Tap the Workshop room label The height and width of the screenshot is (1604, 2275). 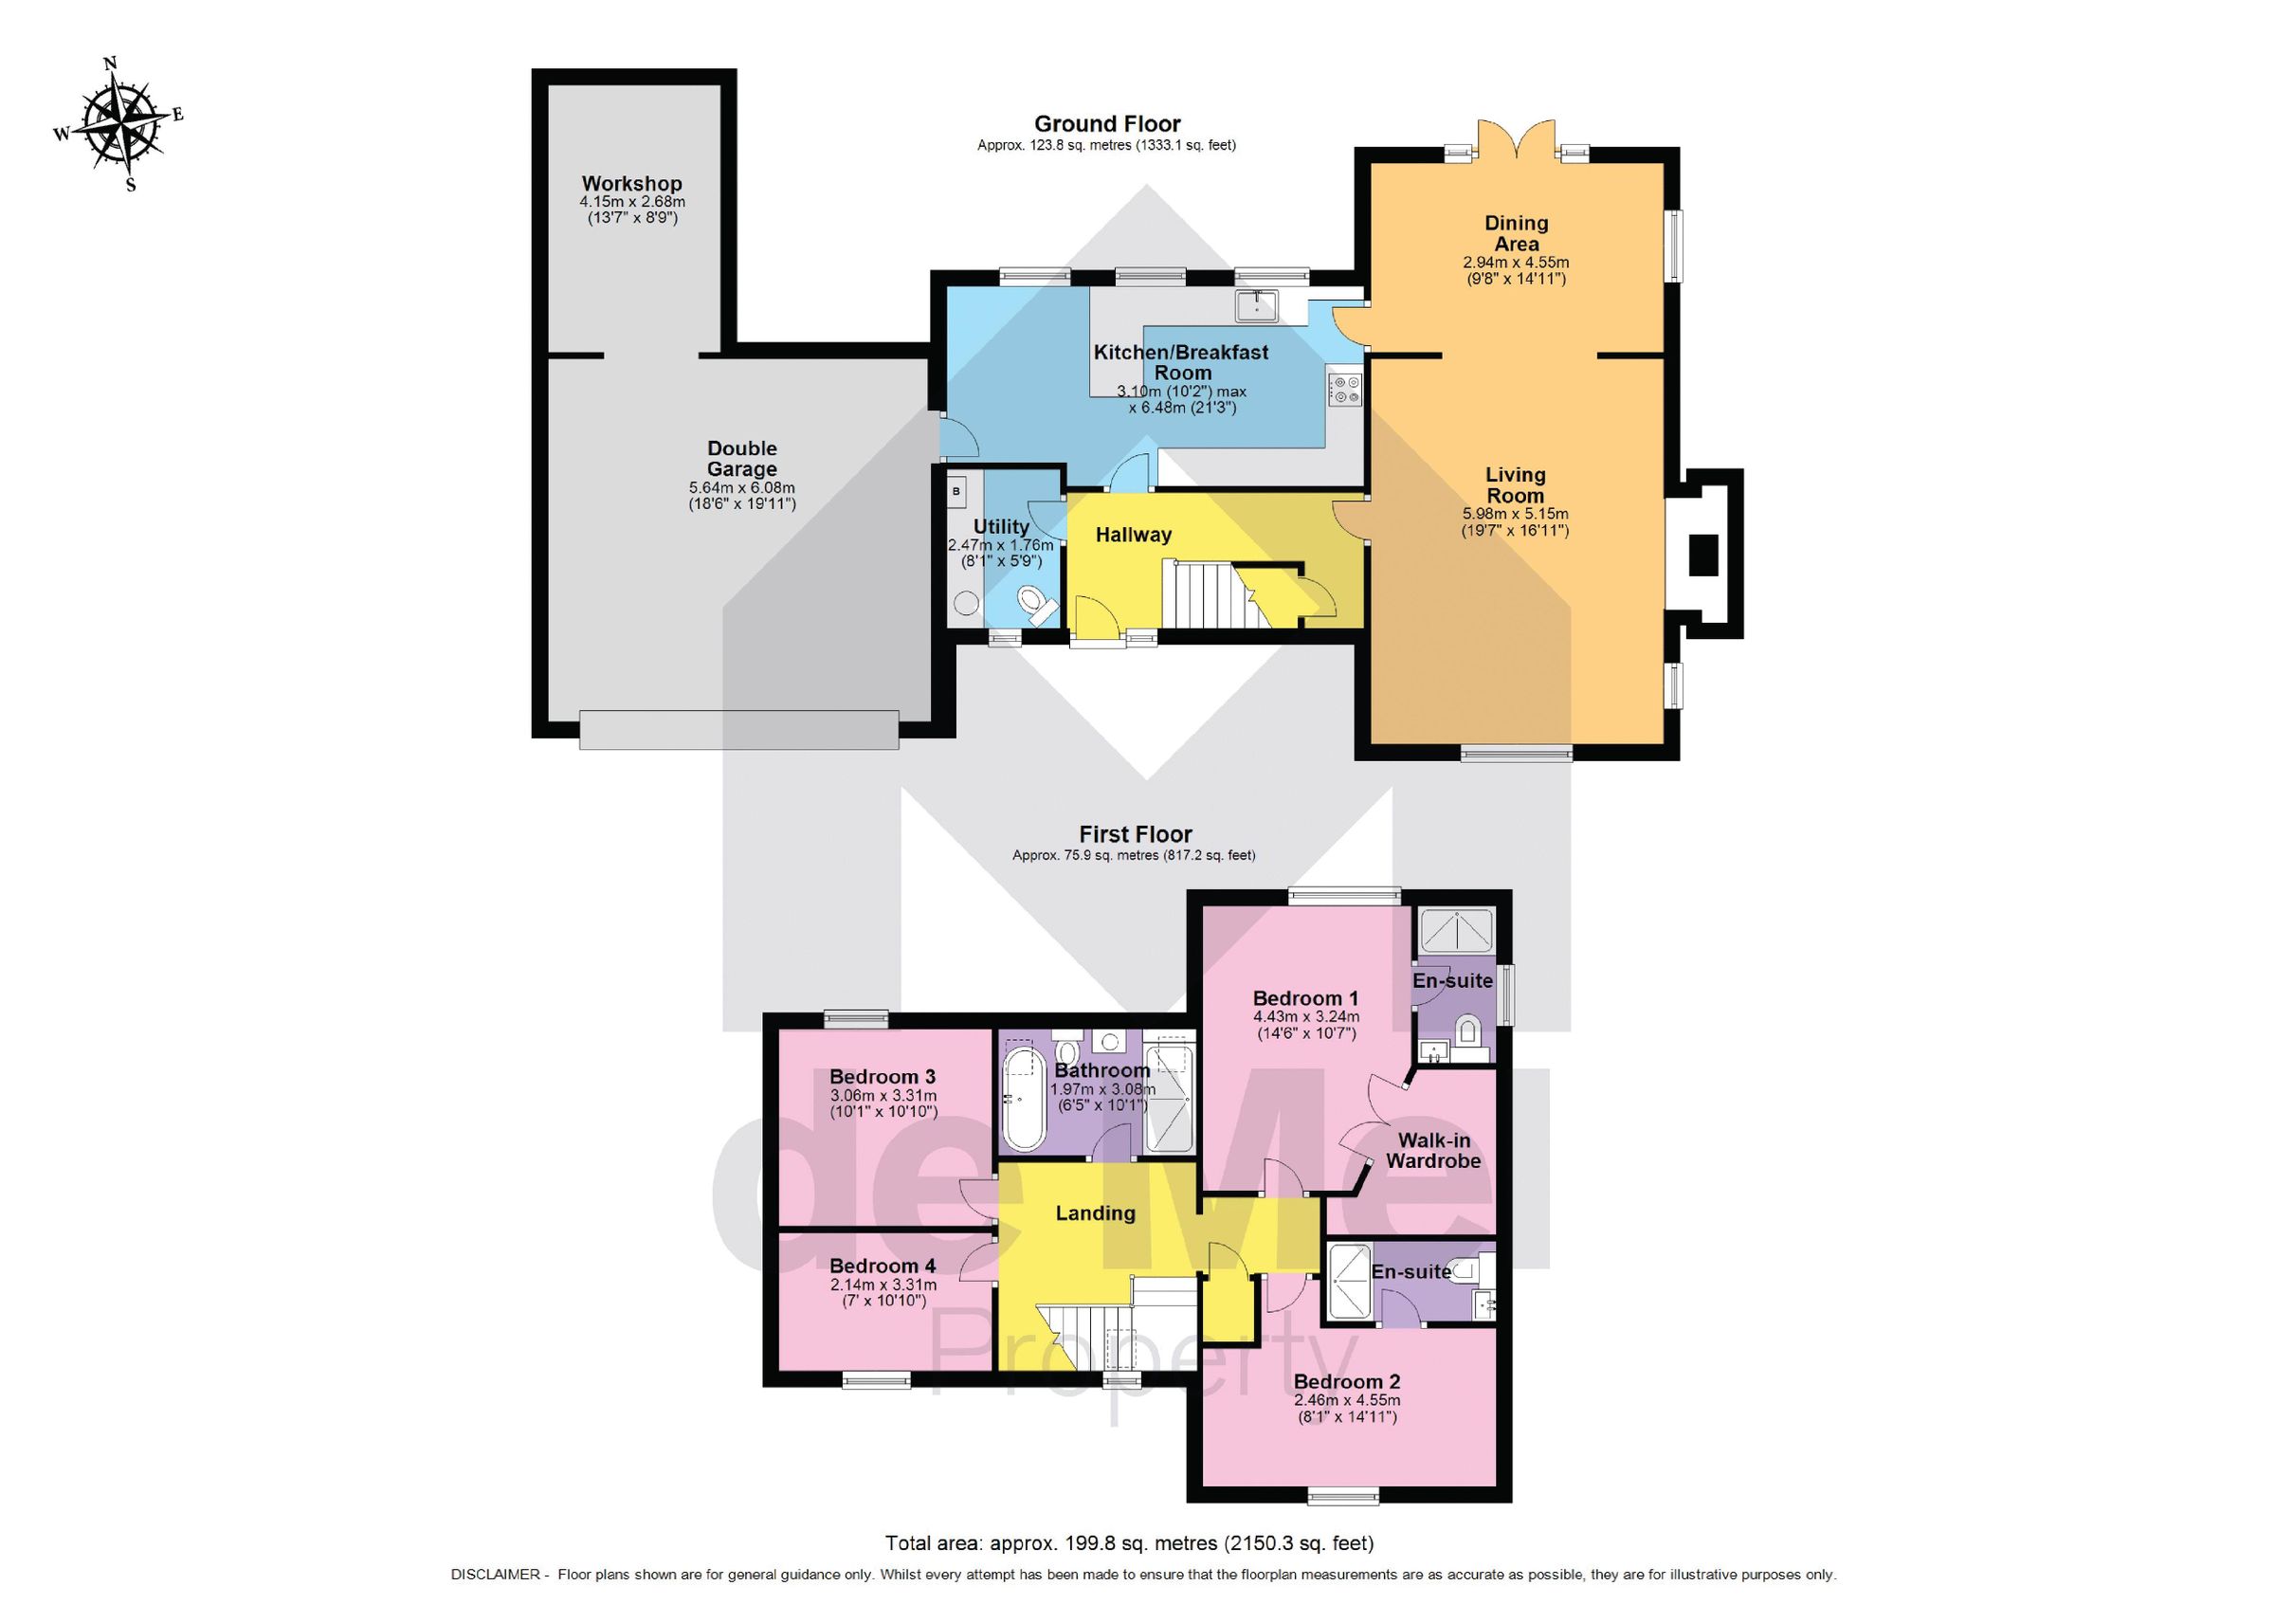[x=631, y=183]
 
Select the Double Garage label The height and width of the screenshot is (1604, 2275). [x=741, y=459]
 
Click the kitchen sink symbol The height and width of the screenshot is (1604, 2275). [x=1256, y=305]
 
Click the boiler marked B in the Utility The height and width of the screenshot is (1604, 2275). [x=956, y=491]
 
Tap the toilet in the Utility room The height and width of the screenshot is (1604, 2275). [x=1036, y=603]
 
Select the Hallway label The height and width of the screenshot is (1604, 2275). [x=1133, y=535]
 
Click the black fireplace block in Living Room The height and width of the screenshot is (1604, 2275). [x=1702, y=555]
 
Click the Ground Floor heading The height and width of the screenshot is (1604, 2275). [x=1107, y=124]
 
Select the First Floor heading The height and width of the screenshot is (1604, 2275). [x=1135, y=834]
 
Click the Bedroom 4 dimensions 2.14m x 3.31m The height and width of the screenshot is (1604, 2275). [x=882, y=1284]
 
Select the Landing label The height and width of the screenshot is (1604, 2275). [x=1094, y=1212]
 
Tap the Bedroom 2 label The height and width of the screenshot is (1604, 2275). [x=1347, y=1381]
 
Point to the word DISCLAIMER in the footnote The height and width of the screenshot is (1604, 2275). [x=495, y=1575]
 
